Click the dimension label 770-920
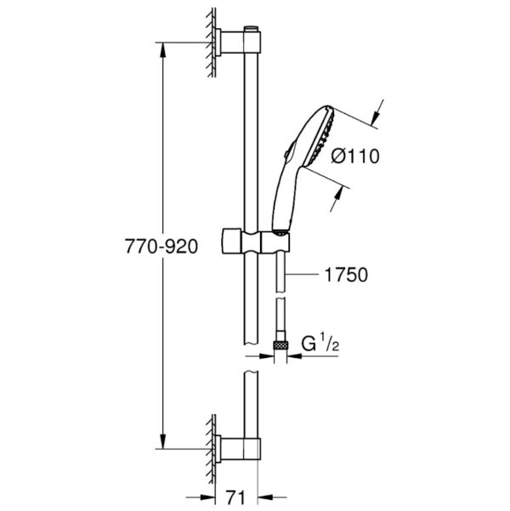tap(161, 246)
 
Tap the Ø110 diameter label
tap(355, 156)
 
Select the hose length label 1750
tap(347, 275)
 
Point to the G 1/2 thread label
tap(320, 344)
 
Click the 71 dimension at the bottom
tap(235, 498)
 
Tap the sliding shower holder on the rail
tap(256, 241)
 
